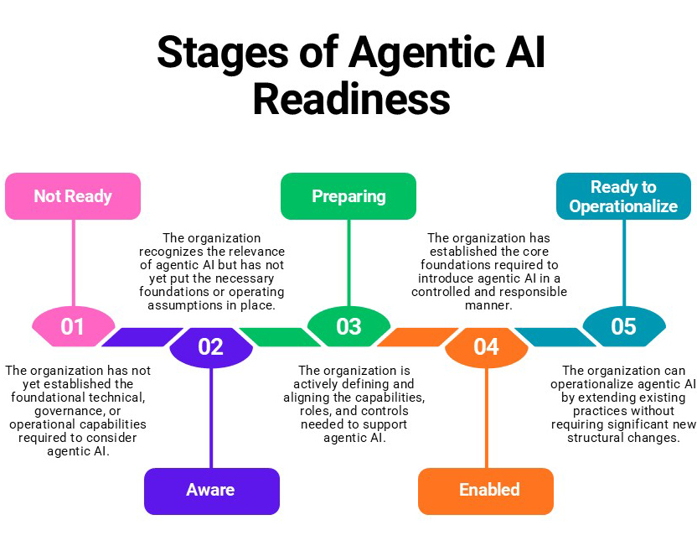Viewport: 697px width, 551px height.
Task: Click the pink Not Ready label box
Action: click(73, 196)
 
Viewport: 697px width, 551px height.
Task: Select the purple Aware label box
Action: click(211, 491)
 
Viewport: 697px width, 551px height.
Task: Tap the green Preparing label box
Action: click(348, 196)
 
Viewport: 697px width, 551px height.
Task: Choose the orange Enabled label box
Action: click(486, 491)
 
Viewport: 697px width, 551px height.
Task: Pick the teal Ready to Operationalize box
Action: click(623, 196)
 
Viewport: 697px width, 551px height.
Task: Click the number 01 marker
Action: click(73, 326)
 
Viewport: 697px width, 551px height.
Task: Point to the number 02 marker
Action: click(211, 346)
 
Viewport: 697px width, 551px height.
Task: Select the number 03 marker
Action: click(348, 326)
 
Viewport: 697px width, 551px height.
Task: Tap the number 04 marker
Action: click(486, 346)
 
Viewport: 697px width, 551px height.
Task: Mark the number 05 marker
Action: click(623, 326)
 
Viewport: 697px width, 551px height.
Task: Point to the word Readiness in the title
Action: click(351, 99)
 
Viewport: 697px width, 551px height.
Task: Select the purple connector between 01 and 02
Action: click(140, 336)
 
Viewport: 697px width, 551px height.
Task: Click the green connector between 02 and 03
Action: click(281, 336)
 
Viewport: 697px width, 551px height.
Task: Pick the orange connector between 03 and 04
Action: click(417, 336)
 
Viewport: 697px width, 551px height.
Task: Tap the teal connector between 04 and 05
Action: click(555, 336)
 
